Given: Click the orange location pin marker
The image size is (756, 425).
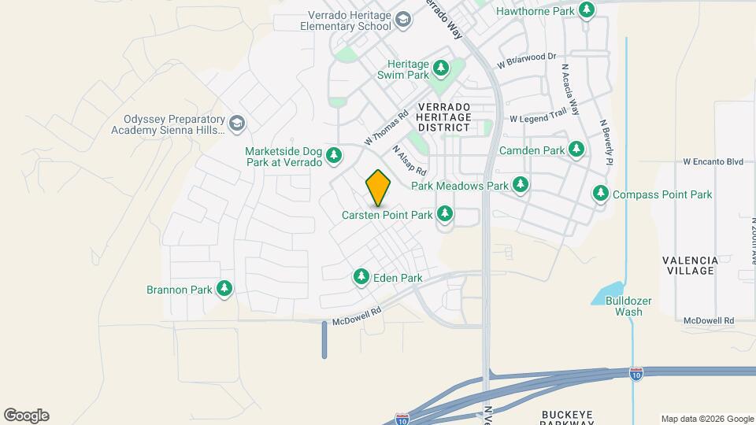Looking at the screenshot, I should (378, 187).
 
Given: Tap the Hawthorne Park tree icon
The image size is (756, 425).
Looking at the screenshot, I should (586, 10).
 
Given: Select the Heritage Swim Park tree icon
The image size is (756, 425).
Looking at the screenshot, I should (441, 68).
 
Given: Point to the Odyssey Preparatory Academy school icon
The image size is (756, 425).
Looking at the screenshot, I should (236, 124).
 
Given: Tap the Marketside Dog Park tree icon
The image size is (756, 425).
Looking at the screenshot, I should (335, 155).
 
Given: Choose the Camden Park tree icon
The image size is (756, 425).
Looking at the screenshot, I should (576, 149).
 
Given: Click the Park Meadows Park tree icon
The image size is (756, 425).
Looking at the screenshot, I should (520, 185).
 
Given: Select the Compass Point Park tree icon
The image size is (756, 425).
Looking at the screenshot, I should (601, 194).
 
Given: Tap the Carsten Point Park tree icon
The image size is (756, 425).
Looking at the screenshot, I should (445, 213).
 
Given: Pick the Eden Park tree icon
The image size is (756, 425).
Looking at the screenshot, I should (361, 277).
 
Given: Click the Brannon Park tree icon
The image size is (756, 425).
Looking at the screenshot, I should (224, 289).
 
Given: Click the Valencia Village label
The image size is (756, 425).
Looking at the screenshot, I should (689, 265).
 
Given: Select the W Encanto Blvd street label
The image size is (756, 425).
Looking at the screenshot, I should (713, 161).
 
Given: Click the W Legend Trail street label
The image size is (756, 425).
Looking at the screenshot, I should (538, 119).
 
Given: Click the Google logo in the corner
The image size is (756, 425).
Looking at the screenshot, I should (26, 416).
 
